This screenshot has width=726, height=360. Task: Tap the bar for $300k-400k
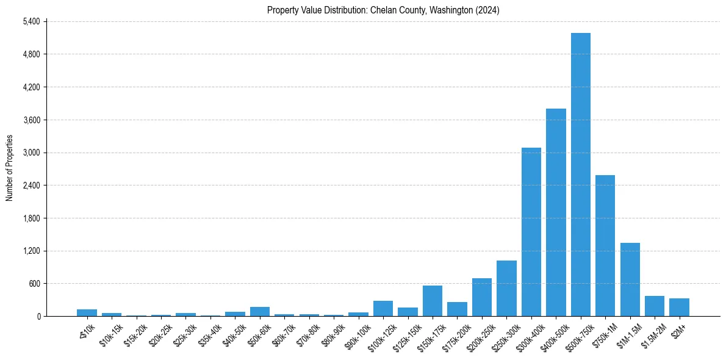pyautogui.click(x=531, y=232)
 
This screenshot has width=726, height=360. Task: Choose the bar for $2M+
pyautogui.click(x=679, y=307)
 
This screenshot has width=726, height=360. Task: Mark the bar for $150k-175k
pyautogui.click(x=433, y=301)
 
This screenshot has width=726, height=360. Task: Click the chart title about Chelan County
pyautogui.click(x=383, y=10)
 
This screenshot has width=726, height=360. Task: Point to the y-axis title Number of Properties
pyautogui.click(x=10, y=168)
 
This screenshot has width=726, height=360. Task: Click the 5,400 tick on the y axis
pyautogui.click(x=31, y=21)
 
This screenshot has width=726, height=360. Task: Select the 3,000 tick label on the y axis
pyautogui.click(x=31, y=153)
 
